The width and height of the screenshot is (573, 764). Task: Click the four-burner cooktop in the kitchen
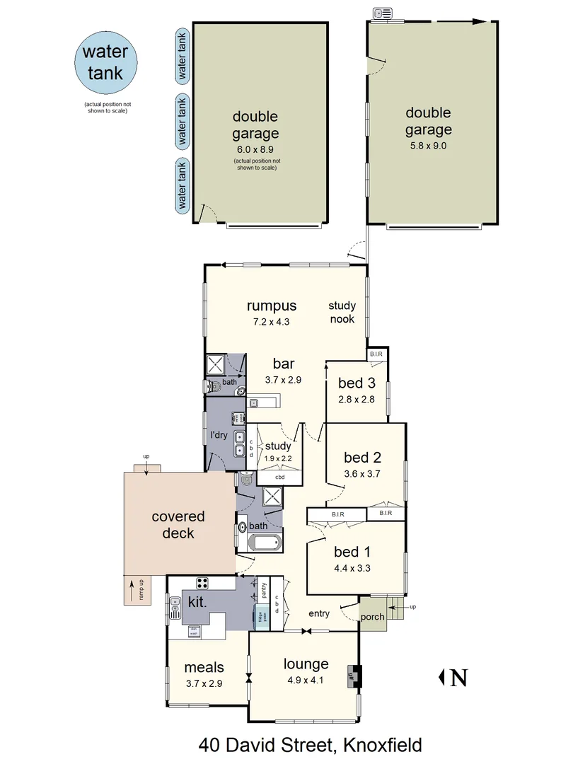pos(202,583)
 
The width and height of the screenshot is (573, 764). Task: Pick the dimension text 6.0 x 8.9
pos(255,149)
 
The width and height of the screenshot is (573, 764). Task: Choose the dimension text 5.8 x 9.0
pos(428,146)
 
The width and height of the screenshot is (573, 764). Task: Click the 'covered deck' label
pos(178,524)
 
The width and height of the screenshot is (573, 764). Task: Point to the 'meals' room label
pos(204,666)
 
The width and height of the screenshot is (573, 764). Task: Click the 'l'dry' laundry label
pos(219,435)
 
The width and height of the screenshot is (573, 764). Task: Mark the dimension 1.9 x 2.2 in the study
pos(278,458)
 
